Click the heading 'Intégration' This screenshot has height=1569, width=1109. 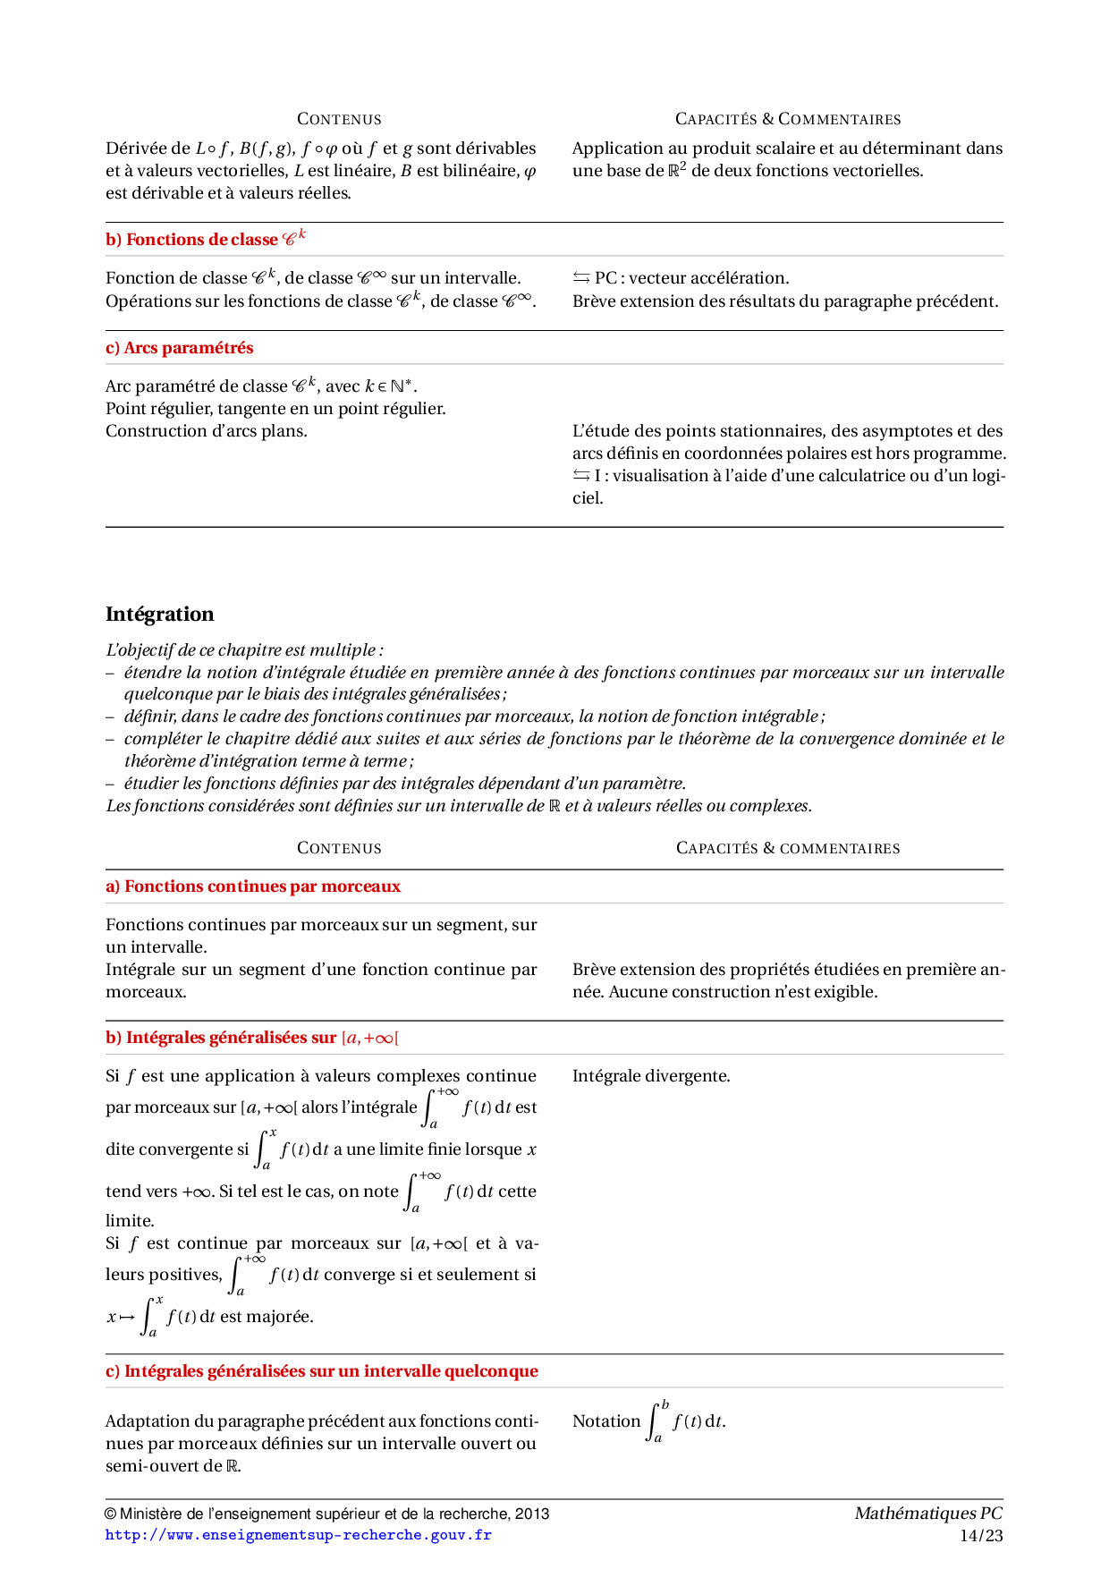coord(160,615)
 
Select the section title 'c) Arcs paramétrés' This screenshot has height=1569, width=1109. coord(179,348)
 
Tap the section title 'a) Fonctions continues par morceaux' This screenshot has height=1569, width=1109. coord(253,886)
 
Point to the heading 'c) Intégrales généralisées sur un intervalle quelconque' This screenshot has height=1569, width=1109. coord(322,1371)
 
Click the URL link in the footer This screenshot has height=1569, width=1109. coord(298,1535)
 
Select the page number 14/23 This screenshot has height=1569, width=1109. coord(981,1536)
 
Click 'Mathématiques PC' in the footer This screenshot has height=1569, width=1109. coord(927,1514)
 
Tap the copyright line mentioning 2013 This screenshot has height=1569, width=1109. coord(327,1514)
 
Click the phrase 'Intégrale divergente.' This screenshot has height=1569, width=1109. coord(651,1076)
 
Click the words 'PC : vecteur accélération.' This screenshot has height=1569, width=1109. coord(691,278)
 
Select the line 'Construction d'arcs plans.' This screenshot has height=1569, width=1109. coord(207,431)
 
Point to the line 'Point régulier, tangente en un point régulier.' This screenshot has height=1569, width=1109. coord(275,409)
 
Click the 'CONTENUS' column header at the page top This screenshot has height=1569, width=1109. coord(339,119)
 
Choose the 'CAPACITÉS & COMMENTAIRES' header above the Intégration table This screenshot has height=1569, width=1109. coord(788,848)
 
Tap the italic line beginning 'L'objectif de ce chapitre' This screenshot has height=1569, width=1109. coord(244,650)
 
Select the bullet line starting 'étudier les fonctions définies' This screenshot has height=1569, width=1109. coord(404,784)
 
